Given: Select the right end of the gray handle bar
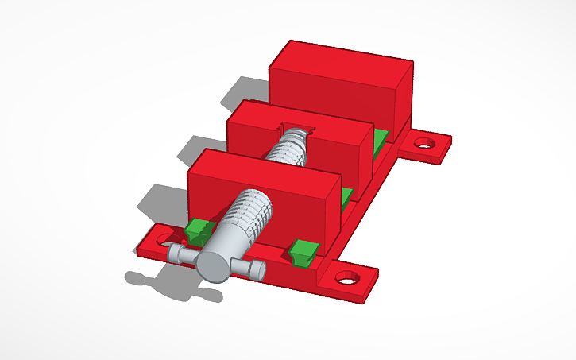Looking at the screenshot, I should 255,271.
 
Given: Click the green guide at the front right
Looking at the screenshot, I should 303,252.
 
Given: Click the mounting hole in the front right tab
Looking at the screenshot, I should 346,278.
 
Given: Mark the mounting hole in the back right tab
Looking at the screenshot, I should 426,144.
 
